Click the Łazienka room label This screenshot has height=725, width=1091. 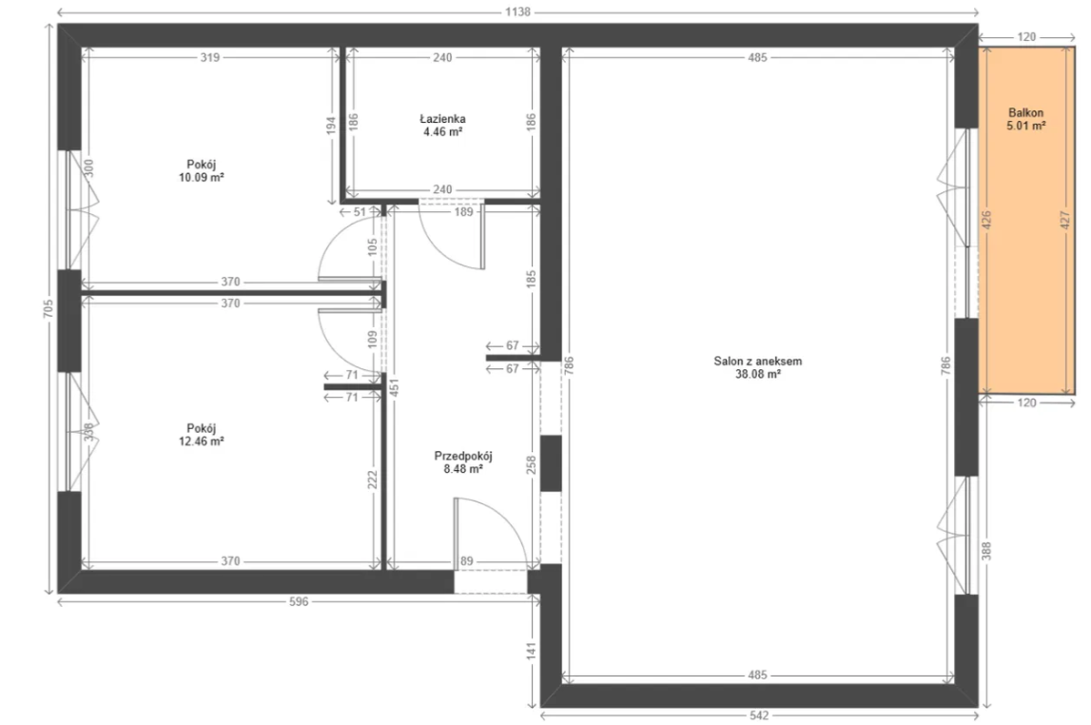(x=442, y=119)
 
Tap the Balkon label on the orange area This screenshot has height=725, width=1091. (x=1025, y=112)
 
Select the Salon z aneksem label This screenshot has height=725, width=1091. (x=758, y=362)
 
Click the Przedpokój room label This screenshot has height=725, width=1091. (x=463, y=457)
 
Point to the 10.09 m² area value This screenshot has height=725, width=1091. (x=201, y=177)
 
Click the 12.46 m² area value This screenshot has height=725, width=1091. (x=201, y=441)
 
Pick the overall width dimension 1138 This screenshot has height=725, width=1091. (x=517, y=11)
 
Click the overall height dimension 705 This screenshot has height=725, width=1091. (x=48, y=309)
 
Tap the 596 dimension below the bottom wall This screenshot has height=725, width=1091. (x=299, y=602)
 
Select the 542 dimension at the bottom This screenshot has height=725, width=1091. (x=759, y=715)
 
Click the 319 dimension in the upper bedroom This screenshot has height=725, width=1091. (x=210, y=58)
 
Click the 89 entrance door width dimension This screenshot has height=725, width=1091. (x=466, y=561)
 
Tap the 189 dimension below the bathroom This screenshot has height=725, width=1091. (x=463, y=212)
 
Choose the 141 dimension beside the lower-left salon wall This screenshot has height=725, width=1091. (x=531, y=651)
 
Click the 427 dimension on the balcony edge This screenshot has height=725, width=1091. (x=1064, y=221)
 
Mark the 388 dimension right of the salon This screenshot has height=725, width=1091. (x=986, y=551)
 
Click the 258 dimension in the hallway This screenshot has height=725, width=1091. (x=531, y=465)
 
